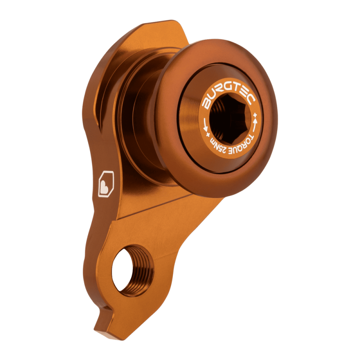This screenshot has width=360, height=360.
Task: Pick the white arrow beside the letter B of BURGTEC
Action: pyautogui.click(x=205, y=126)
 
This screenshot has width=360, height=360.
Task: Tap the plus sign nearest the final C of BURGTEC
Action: pyautogui.click(x=255, y=114)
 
